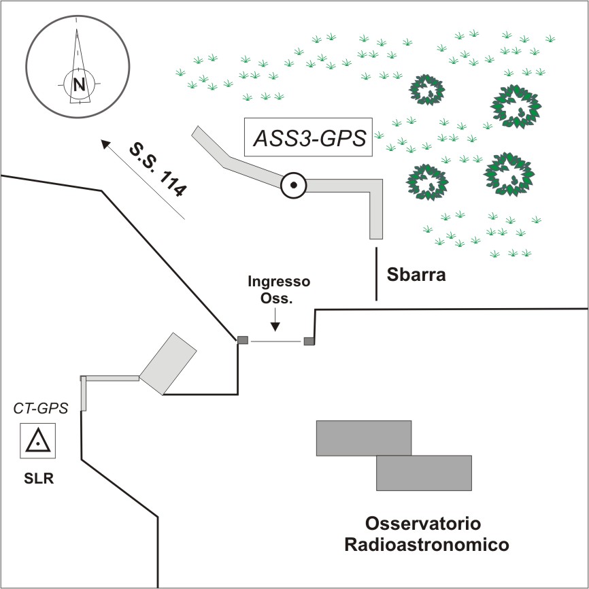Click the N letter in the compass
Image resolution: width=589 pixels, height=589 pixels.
pos(80,84)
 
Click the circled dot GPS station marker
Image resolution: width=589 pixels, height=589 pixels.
pos(293,184)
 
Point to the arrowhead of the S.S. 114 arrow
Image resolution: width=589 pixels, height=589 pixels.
pos(104,143)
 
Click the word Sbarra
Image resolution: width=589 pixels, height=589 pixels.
pos(416,275)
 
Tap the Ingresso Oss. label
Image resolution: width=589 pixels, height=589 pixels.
pos(279,290)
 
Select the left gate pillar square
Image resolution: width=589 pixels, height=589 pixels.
pos(242,339)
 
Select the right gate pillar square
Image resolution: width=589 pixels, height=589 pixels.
pos(309,341)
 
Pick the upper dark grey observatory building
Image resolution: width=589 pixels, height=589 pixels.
pos(364,437)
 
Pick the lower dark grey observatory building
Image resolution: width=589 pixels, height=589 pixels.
pos(424,473)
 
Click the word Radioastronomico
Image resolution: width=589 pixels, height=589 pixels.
pos(427,545)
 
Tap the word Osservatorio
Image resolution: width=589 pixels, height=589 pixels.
pos(423,524)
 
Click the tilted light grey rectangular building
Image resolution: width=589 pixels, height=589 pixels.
pos(168,363)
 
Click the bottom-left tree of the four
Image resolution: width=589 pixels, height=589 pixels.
pos(428,182)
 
